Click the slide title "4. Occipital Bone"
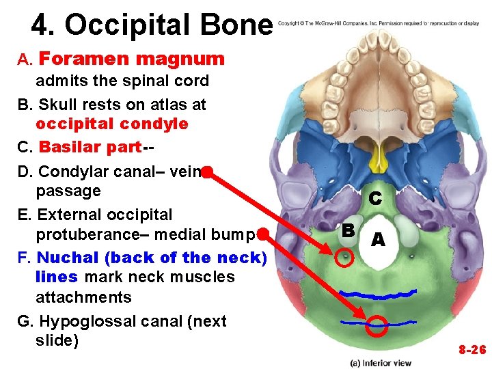152,25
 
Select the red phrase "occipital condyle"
112,124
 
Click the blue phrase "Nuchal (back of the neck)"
152,258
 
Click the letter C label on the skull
374,199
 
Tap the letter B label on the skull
348,230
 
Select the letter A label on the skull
378,240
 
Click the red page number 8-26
471,350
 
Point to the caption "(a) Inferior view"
381,361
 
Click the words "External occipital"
105,215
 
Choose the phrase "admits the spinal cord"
122,81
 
